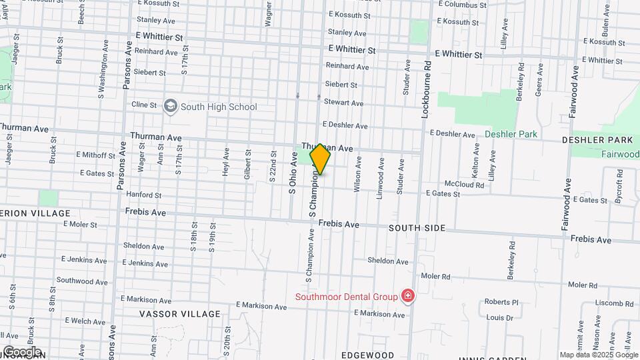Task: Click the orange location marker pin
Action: tap(320, 159)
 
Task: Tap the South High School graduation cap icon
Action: tap(171, 107)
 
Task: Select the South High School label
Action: tap(219, 107)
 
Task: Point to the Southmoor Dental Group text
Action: tap(346, 297)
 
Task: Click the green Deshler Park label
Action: tap(511, 134)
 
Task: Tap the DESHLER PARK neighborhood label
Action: tap(597, 141)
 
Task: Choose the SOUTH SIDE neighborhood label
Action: tap(417, 228)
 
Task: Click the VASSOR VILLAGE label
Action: tap(179, 314)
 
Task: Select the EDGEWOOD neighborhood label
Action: tap(367, 355)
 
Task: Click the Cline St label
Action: tap(144, 105)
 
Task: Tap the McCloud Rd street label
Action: tap(464, 184)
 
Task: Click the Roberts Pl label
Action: tap(501, 302)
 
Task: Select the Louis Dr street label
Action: tap(499, 318)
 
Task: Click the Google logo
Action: tap(22, 352)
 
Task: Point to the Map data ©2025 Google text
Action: tap(599, 355)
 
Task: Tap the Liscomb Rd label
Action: tap(609, 303)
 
